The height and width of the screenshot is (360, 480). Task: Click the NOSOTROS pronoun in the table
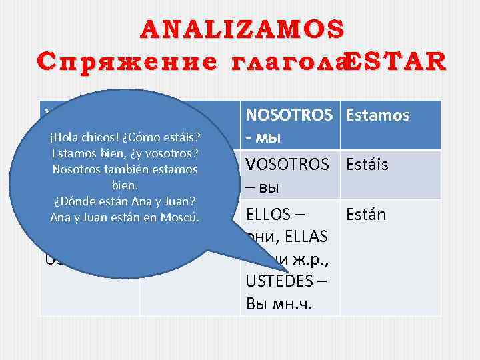(x=290, y=116)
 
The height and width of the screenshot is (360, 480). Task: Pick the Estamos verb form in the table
(x=377, y=116)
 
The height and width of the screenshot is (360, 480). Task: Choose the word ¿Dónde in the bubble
(x=75, y=201)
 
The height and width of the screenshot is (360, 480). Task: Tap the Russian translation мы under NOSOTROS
(x=269, y=138)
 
